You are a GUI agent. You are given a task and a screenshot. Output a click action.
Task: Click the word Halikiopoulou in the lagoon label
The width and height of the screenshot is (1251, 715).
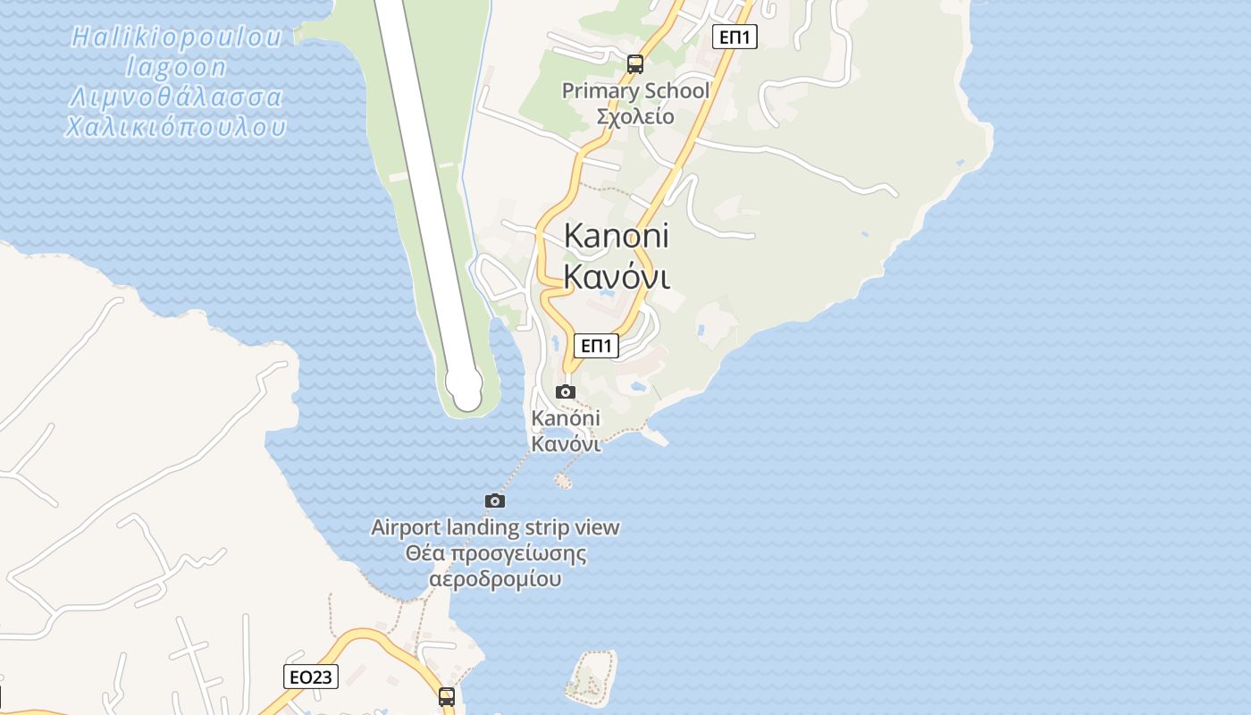pyautogui.click(x=176, y=38)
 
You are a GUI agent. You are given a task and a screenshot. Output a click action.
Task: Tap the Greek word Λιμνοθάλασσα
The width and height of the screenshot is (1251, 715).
pyautogui.click(x=176, y=97)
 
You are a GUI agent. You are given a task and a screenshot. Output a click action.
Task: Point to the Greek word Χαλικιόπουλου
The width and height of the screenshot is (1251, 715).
pyautogui.click(x=176, y=127)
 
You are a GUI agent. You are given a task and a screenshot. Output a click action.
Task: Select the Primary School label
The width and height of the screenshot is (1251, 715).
pyautogui.click(x=635, y=90)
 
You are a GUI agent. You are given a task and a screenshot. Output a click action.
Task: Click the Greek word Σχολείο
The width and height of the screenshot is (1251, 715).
pyautogui.click(x=635, y=117)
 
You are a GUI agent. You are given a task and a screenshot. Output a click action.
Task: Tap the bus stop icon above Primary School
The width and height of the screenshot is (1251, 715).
pyautogui.click(x=635, y=63)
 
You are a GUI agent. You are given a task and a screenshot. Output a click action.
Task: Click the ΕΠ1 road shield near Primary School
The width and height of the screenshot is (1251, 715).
pyautogui.click(x=735, y=37)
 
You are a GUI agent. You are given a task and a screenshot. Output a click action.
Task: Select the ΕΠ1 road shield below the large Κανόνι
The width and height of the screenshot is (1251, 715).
pyautogui.click(x=596, y=345)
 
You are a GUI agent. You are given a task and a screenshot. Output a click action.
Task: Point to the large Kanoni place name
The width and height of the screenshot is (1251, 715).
pyautogui.click(x=617, y=236)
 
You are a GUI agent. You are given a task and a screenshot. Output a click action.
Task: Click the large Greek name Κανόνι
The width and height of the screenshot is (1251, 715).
pyautogui.click(x=617, y=277)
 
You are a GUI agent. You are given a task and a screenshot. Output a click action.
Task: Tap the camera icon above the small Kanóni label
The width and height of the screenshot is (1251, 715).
pyautogui.click(x=566, y=391)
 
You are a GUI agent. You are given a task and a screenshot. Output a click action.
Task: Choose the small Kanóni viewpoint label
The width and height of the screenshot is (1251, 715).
pyautogui.click(x=566, y=418)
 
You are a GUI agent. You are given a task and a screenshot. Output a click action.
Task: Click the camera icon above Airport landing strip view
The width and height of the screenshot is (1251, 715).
pyautogui.click(x=495, y=500)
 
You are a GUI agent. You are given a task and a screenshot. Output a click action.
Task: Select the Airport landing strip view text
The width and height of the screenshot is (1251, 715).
pyautogui.click(x=495, y=527)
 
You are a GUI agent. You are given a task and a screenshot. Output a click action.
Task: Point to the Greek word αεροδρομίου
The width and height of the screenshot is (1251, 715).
pyautogui.click(x=495, y=579)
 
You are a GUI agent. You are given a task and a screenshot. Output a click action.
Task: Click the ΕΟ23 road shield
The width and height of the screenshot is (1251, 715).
pyautogui.click(x=311, y=677)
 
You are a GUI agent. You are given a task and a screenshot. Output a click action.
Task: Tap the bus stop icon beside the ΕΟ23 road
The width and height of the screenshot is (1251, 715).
pyautogui.click(x=447, y=696)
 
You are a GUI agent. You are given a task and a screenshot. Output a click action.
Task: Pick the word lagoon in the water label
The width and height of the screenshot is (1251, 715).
pyautogui.click(x=176, y=67)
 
